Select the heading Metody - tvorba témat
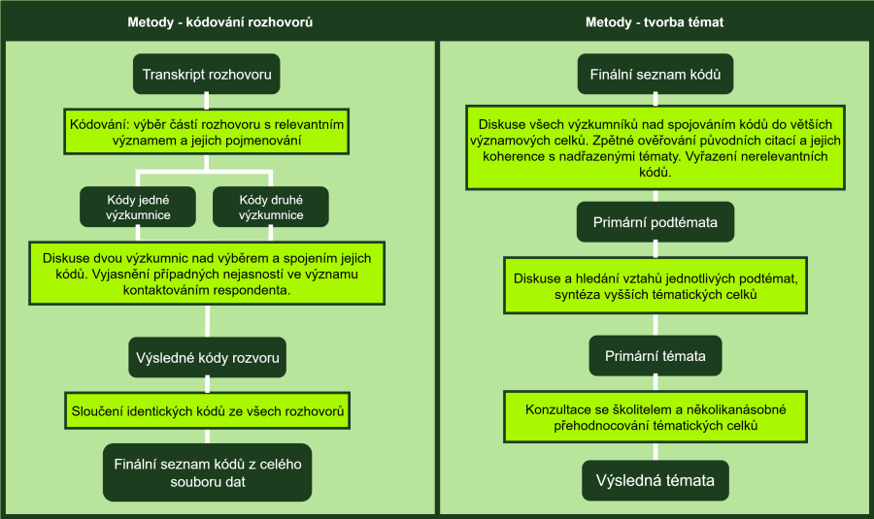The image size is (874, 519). coord(655,21)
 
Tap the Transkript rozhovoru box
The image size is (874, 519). coord(206,74)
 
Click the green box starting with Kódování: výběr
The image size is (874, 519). coord(206,133)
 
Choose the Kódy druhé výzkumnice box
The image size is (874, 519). coord(270,208)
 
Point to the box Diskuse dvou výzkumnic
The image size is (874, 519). coord(206,274)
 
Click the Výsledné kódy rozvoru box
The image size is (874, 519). coord(206,358)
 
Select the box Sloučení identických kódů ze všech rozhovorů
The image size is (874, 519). coord(206,411)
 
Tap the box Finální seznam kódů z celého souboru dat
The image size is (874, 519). coord(206,472)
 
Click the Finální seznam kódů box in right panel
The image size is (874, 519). coord(655,74)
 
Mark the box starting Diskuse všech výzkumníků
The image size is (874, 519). coord(655,148)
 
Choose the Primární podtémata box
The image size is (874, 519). coord(655,223)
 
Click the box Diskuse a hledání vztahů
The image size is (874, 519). coord(655,286)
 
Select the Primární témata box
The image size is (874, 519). coord(655,355)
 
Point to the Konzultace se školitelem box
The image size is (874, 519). coord(655,417)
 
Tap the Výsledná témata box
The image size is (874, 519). coord(655,479)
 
